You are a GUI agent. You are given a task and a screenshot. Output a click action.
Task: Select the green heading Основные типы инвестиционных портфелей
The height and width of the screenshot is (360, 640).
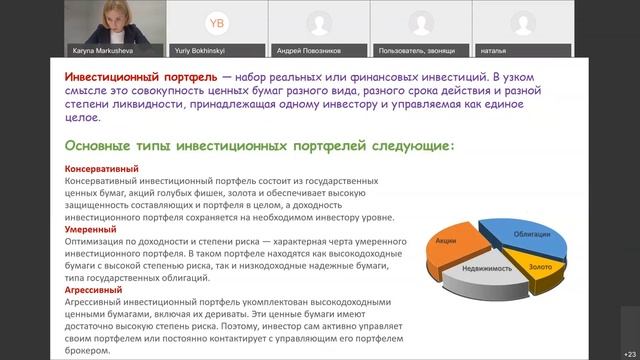(257, 145)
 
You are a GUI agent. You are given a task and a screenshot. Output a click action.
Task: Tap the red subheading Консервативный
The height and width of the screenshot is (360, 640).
(101, 169)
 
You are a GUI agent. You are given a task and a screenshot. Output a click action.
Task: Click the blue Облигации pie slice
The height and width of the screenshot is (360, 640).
(531, 233)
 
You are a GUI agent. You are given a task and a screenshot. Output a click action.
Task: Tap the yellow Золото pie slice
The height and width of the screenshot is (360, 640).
(540, 266)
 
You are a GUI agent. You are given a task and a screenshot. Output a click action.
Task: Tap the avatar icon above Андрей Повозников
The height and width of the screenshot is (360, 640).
(318, 21)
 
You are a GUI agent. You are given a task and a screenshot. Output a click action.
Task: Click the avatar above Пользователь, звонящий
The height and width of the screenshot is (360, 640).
(420, 21)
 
